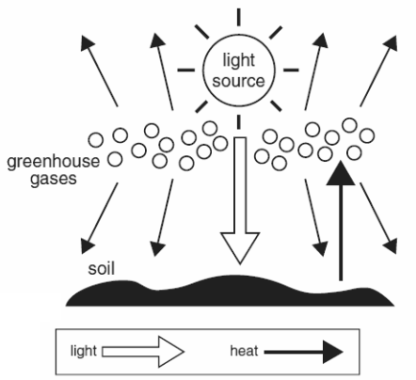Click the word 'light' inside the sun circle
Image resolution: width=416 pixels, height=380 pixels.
pyautogui.click(x=238, y=60)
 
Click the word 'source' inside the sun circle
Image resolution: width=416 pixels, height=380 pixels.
pyautogui.click(x=238, y=81)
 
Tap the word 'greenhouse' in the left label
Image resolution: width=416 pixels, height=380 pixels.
pyautogui.click(x=54, y=162)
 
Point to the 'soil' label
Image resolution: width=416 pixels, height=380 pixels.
pyautogui.click(x=102, y=269)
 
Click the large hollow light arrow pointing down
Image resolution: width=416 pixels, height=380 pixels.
pyautogui.click(x=240, y=200)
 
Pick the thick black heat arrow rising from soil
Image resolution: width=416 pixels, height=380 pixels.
pyautogui.click(x=341, y=221)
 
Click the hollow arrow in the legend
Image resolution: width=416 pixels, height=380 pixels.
pyautogui.click(x=143, y=352)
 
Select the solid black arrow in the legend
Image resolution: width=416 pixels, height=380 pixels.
pyautogui.click(x=304, y=352)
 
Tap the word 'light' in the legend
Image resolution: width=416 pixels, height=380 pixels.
pyautogui.click(x=83, y=351)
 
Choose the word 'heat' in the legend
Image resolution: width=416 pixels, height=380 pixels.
pyautogui.click(x=244, y=351)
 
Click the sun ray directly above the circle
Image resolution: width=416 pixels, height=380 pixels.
pyautogui.click(x=239, y=17)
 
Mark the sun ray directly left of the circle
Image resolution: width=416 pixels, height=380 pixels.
pyautogui.click(x=186, y=70)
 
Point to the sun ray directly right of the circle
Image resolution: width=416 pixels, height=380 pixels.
pyautogui.click(x=291, y=70)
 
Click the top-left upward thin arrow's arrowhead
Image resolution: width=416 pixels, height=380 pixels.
pyautogui.click(x=87, y=42)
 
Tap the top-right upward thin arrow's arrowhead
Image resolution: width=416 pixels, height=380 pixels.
pyautogui.click(x=392, y=42)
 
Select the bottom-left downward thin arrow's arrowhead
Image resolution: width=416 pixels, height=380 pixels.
pyautogui.click(x=87, y=246)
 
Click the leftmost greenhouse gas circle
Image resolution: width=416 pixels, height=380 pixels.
pyautogui.click(x=96, y=140)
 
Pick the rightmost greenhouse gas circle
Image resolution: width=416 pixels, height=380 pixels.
pyautogui.click(x=367, y=136)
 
